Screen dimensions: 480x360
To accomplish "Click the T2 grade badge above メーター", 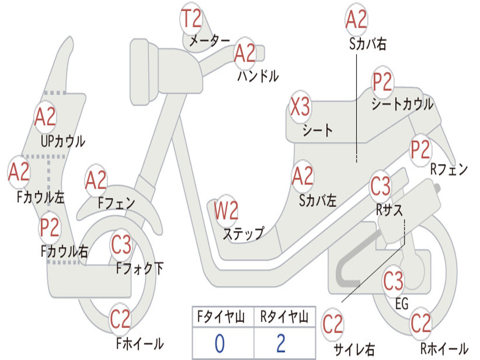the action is pos(192,19).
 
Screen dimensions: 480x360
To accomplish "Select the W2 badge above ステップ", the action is pos(226,210).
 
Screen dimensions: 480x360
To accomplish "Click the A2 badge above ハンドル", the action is pos(245,53).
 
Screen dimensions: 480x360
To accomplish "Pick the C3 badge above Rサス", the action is pos(381,186).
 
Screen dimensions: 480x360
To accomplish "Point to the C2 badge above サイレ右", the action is pos(333,324).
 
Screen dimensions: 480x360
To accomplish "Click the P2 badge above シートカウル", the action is pos(382,82).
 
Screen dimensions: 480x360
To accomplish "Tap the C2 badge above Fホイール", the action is pos(120,319).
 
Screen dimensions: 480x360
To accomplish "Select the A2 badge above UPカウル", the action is pos(45,117).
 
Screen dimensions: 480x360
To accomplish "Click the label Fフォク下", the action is pos(140,269).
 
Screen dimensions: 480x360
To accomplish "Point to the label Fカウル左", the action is pos(41,197).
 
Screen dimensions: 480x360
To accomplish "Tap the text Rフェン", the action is pos(449,169).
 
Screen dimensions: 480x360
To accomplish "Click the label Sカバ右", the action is pos(367,44).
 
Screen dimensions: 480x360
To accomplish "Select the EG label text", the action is pos(402,304).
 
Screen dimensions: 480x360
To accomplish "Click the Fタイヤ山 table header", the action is pos(221,316).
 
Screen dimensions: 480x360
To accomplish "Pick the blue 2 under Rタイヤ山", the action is pos(281,343).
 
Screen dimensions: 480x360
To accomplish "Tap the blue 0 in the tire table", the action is pos(219,343).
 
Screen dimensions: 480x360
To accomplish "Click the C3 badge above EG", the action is pos(394,280).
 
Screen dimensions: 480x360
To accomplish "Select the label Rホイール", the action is pos(444,348).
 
